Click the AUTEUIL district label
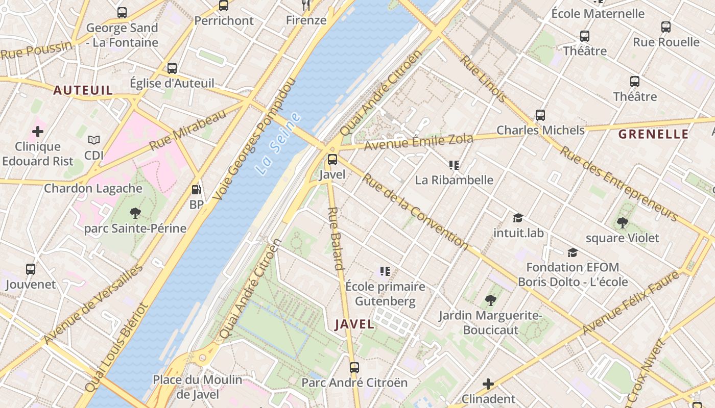point(83,91)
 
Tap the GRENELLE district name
point(653,135)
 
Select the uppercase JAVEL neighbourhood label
point(354,324)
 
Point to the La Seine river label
point(279,144)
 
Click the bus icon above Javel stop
point(332,160)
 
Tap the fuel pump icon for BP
point(196,190)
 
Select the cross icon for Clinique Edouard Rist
point(37,132)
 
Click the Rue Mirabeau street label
point(187,131)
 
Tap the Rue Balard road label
point(335,238)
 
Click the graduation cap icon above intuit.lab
point(518,218)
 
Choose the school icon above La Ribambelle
point(454,165)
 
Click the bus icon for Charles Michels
point(540,115)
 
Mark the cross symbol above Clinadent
point(488,384)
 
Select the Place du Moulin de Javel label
point(198,387)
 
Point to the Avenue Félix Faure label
point(631,303)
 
